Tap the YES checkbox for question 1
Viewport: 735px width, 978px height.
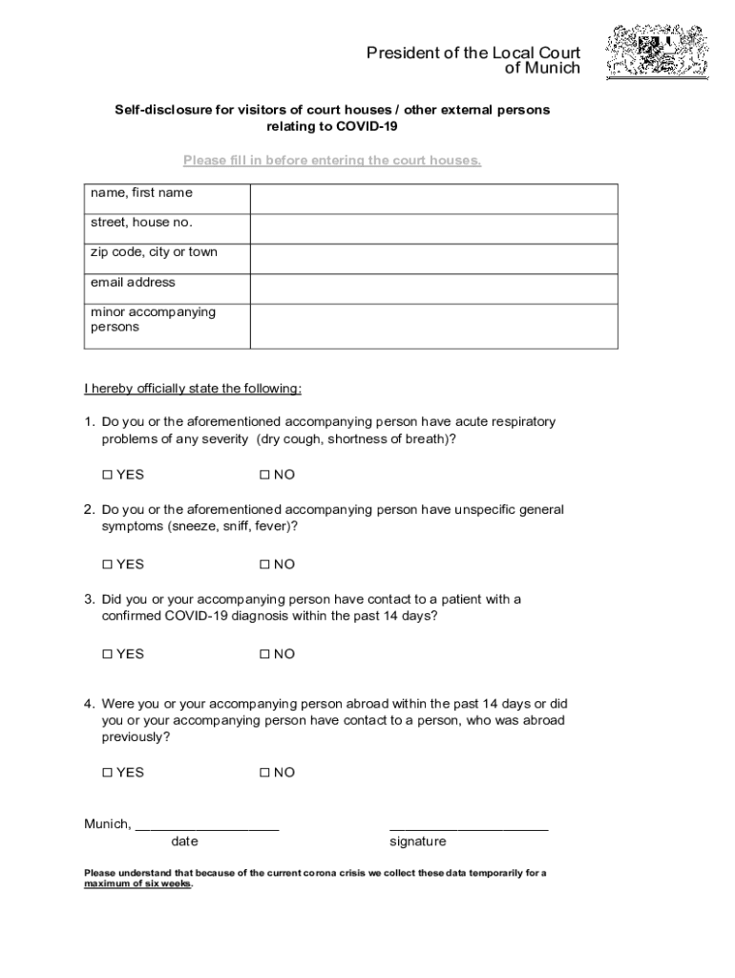coord(107,475)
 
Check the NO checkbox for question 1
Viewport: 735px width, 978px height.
coord(264,475)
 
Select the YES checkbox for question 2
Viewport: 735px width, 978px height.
coord(107,564)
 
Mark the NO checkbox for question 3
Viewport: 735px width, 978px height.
coord(264,654)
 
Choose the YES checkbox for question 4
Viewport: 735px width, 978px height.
coord(107,773)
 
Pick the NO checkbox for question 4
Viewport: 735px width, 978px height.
coord(264,773)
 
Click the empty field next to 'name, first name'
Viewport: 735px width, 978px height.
coord(433,200)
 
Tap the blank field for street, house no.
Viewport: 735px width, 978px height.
coord(433,229)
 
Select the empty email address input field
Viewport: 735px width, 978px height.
coord(433,289)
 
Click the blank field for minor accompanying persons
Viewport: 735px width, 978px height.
coord(433,327)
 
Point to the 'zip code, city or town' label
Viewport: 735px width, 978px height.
coord(154,252)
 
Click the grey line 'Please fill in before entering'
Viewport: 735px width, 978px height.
coord(332,160)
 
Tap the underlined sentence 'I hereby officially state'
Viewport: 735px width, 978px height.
coord(193,389)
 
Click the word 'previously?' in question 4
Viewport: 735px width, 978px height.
coord(136,737)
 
